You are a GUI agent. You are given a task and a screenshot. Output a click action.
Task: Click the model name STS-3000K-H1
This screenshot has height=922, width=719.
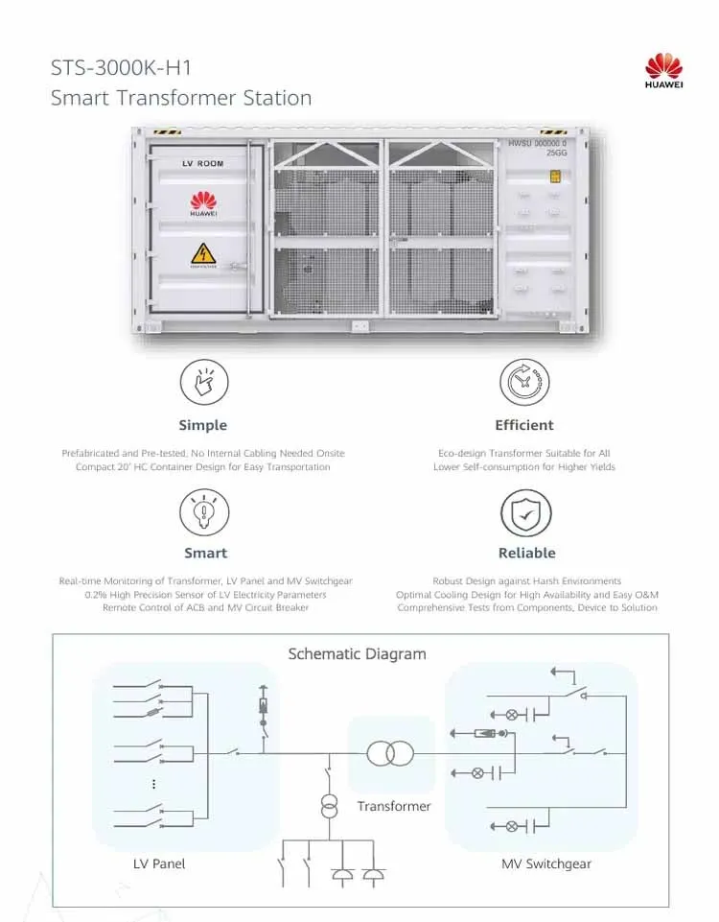[128, 68]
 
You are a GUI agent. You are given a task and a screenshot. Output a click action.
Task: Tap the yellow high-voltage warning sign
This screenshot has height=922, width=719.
[202, 255]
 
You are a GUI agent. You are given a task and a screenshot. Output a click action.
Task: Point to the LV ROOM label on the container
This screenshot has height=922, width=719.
[202, 164]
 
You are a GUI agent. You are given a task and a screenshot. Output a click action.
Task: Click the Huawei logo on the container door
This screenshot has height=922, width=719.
[202, 202]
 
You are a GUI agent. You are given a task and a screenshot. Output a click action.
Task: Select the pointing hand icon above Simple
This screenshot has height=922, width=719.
[203, 383]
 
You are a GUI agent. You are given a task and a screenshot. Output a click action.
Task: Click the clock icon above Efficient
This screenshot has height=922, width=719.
[524, 383]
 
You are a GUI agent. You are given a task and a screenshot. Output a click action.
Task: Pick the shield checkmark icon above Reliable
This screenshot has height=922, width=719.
[526, 511]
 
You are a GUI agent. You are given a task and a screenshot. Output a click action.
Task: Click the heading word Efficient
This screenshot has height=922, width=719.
[524, 425]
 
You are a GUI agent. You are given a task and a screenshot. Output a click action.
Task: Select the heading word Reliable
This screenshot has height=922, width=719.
[526, 553]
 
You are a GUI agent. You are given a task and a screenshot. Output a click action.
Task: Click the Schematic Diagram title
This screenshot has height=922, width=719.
[357, 654]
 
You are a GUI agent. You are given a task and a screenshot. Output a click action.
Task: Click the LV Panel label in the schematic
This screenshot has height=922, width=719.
[159, 863]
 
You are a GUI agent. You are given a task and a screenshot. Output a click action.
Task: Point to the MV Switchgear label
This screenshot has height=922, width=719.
[546, 863]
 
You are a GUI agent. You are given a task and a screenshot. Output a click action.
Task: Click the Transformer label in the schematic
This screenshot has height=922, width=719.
[394, 806]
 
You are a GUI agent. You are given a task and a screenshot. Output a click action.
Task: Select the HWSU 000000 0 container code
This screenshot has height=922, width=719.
[536, 143]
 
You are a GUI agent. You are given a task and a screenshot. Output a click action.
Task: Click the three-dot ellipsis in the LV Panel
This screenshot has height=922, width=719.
[153, 784]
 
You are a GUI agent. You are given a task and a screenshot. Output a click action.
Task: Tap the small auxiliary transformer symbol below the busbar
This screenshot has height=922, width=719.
[329, 806]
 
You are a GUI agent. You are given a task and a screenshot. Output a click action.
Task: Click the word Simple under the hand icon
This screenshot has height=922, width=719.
[203, 425]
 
